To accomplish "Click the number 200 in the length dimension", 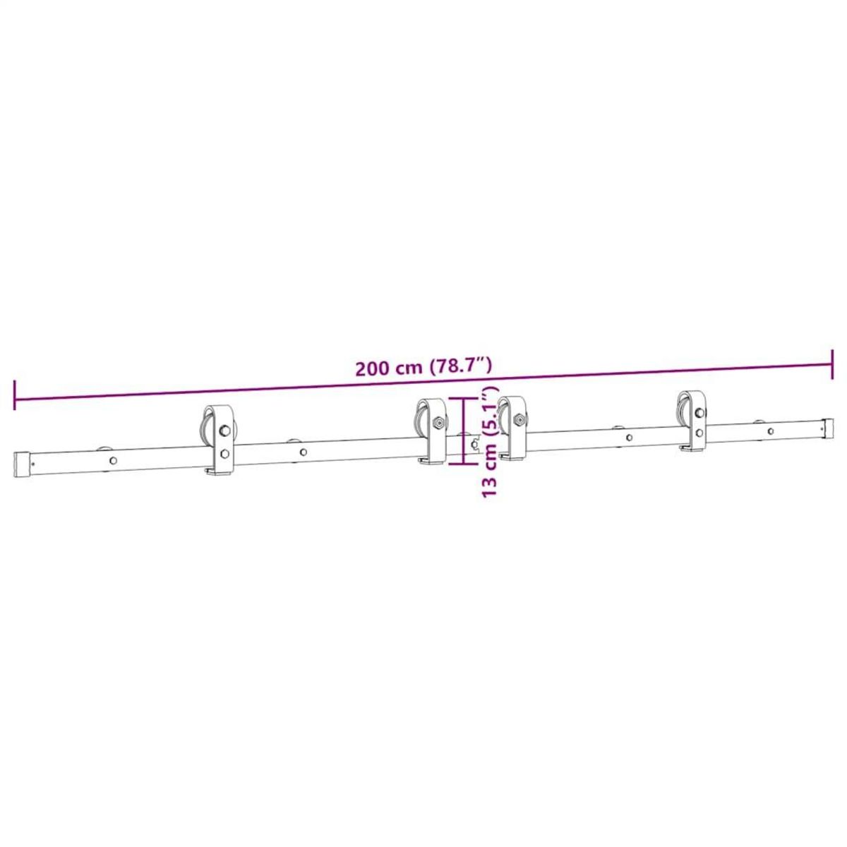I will click(x=373, y=368).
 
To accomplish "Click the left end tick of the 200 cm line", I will click(x=14, y=395).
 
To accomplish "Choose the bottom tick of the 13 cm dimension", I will click(x=462, y=464).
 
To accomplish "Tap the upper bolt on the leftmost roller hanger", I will click(x=224, y=430).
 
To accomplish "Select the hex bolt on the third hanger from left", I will click(x=519, y=419).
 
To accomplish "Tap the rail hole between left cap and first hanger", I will click(x=113, y=460).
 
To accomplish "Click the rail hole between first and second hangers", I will click(x=303, y=452).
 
